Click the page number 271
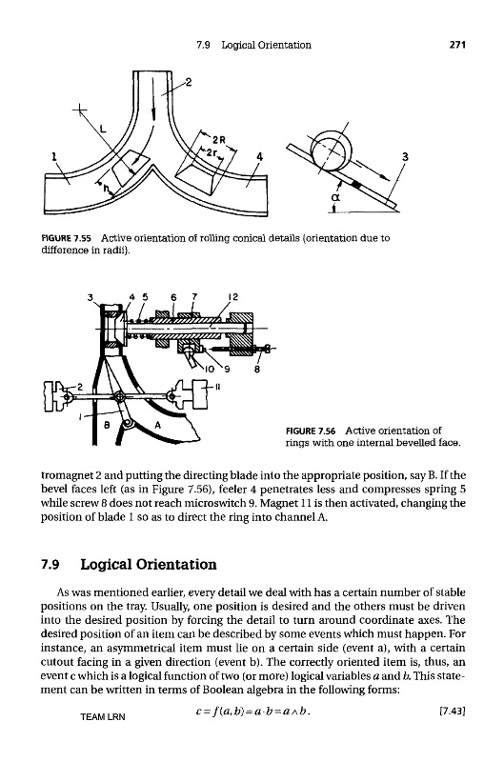coord(457,45)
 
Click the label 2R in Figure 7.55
coord(220,140)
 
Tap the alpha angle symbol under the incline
coord(334,196)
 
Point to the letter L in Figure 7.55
coord(103,129)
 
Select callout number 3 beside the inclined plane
coord(405,156)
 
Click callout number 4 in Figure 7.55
coord(259,156)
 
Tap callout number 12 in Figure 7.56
coord(233,297)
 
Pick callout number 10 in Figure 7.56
coord(210,369)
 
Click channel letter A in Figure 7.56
coord(157,424)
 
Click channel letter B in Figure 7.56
coord(108,424)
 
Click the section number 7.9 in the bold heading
coord(50,564)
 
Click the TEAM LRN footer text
coord(103,717)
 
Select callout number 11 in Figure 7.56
coord(218,388)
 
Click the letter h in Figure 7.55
coord(106,189)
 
